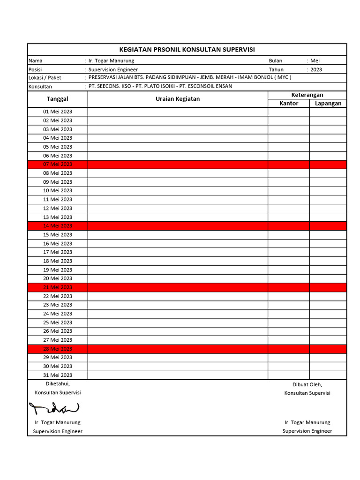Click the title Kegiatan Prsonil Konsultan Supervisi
[x=187, y=50]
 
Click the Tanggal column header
[x=58, y=99]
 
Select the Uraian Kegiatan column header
[x=178, y=99]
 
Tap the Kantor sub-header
[x=289, y=104]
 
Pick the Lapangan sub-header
[x=328, y=104]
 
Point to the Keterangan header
[x=307, y=95]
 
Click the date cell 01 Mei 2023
[x=58, y=112]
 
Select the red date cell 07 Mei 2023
[x=58, y=165]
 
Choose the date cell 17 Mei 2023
[x=58, y=252]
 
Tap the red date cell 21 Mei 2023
[x=58, y=287]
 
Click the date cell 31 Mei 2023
[x=58, y=375]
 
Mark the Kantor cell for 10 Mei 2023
[x=289, y=191]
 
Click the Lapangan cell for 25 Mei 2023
[x=328, y=322]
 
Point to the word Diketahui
[x=58, y=384]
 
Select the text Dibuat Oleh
[x=307, y=384]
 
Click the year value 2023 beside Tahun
[x=316, y=69]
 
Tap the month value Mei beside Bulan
[x=315, y=61]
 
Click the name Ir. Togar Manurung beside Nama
[x=111, y=61]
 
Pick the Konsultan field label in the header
[x=40, y=87]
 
